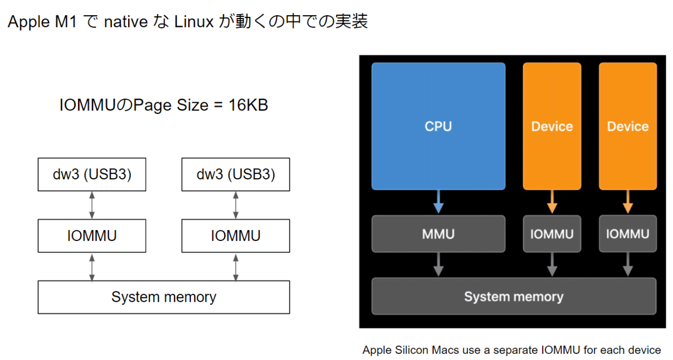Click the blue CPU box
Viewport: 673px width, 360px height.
[x=438, y=126]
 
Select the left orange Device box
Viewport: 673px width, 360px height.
[x=552, y=126]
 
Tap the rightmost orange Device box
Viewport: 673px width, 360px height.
[x=627, y=126]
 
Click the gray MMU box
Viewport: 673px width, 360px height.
[x=438, y=234]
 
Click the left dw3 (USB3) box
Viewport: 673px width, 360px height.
[x=92, y=175]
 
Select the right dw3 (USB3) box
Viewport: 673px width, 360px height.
[x=235, y=175]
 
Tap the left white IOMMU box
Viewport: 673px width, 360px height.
[x=92, y=236]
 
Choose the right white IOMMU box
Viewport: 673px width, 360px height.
[x=235, y=236]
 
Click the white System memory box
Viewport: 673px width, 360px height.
[x=164, y=297]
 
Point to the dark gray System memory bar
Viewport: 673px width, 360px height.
[x=513, y=296]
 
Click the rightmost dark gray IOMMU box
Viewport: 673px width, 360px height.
[x=627, y=234]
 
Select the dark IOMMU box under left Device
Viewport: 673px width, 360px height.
[x=552, y=234]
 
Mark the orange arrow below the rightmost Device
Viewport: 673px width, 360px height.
[x=627, y=202]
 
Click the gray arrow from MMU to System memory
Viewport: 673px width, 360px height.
[x=438, y=264]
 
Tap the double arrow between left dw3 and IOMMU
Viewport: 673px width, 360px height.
[x=92, y=205]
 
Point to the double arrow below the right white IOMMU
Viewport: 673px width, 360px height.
[x=235, y=266]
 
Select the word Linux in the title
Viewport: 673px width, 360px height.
[x=194, y=22]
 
